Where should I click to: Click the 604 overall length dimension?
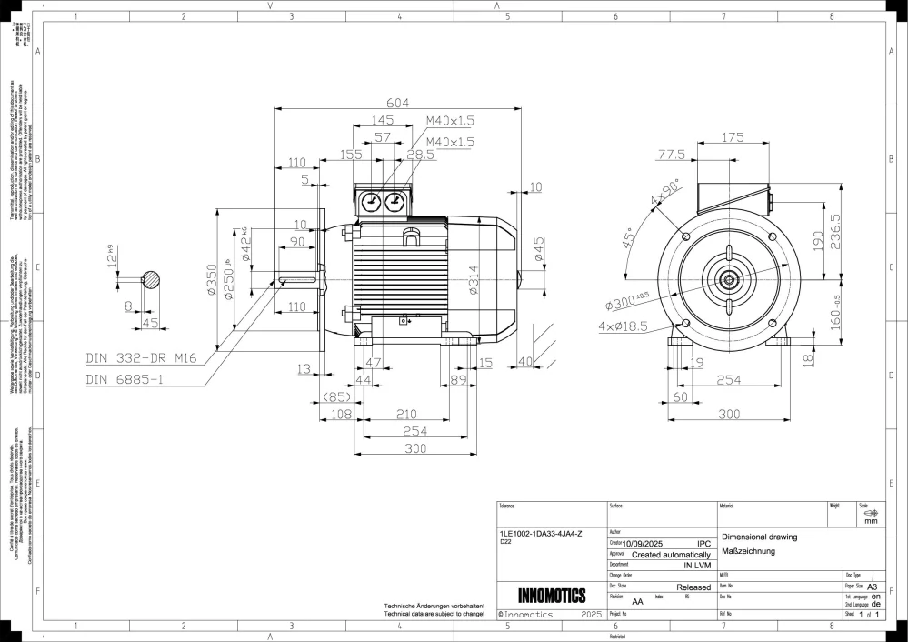[399, 102]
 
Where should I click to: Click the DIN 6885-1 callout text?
[125, 378]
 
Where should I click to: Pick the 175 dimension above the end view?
[733, 137]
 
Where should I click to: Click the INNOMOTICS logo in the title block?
[551, 597]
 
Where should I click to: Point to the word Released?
[693, 588]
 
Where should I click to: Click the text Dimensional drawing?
[758, 537]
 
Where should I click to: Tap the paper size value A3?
[873, 587]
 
